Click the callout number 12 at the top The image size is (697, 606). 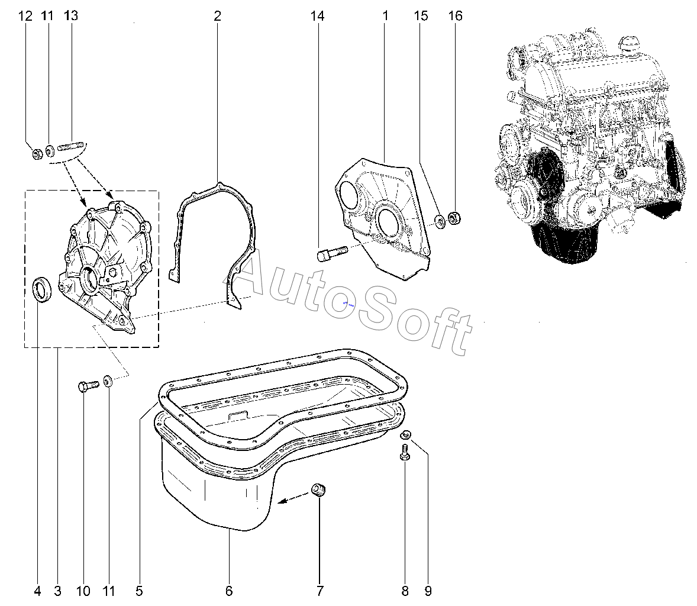[x=25, y=16]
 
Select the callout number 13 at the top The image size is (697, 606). [x=70, y=16]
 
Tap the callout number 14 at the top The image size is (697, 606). [x=317, y=16]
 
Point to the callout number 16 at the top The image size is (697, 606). [x=455, y=16]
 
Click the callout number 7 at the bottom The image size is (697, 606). [x=320, y=591]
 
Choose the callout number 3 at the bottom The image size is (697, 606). [x=58, y=591]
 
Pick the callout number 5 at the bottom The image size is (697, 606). [x=139, y=591]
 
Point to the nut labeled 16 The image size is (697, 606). [x=454, y=218]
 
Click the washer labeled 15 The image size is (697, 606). [x=440, y=221]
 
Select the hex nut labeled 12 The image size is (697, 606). [x=38, y=154]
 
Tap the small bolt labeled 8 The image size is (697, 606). [x=405, y=452]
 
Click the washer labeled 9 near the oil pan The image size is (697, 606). [x=406, y=434]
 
